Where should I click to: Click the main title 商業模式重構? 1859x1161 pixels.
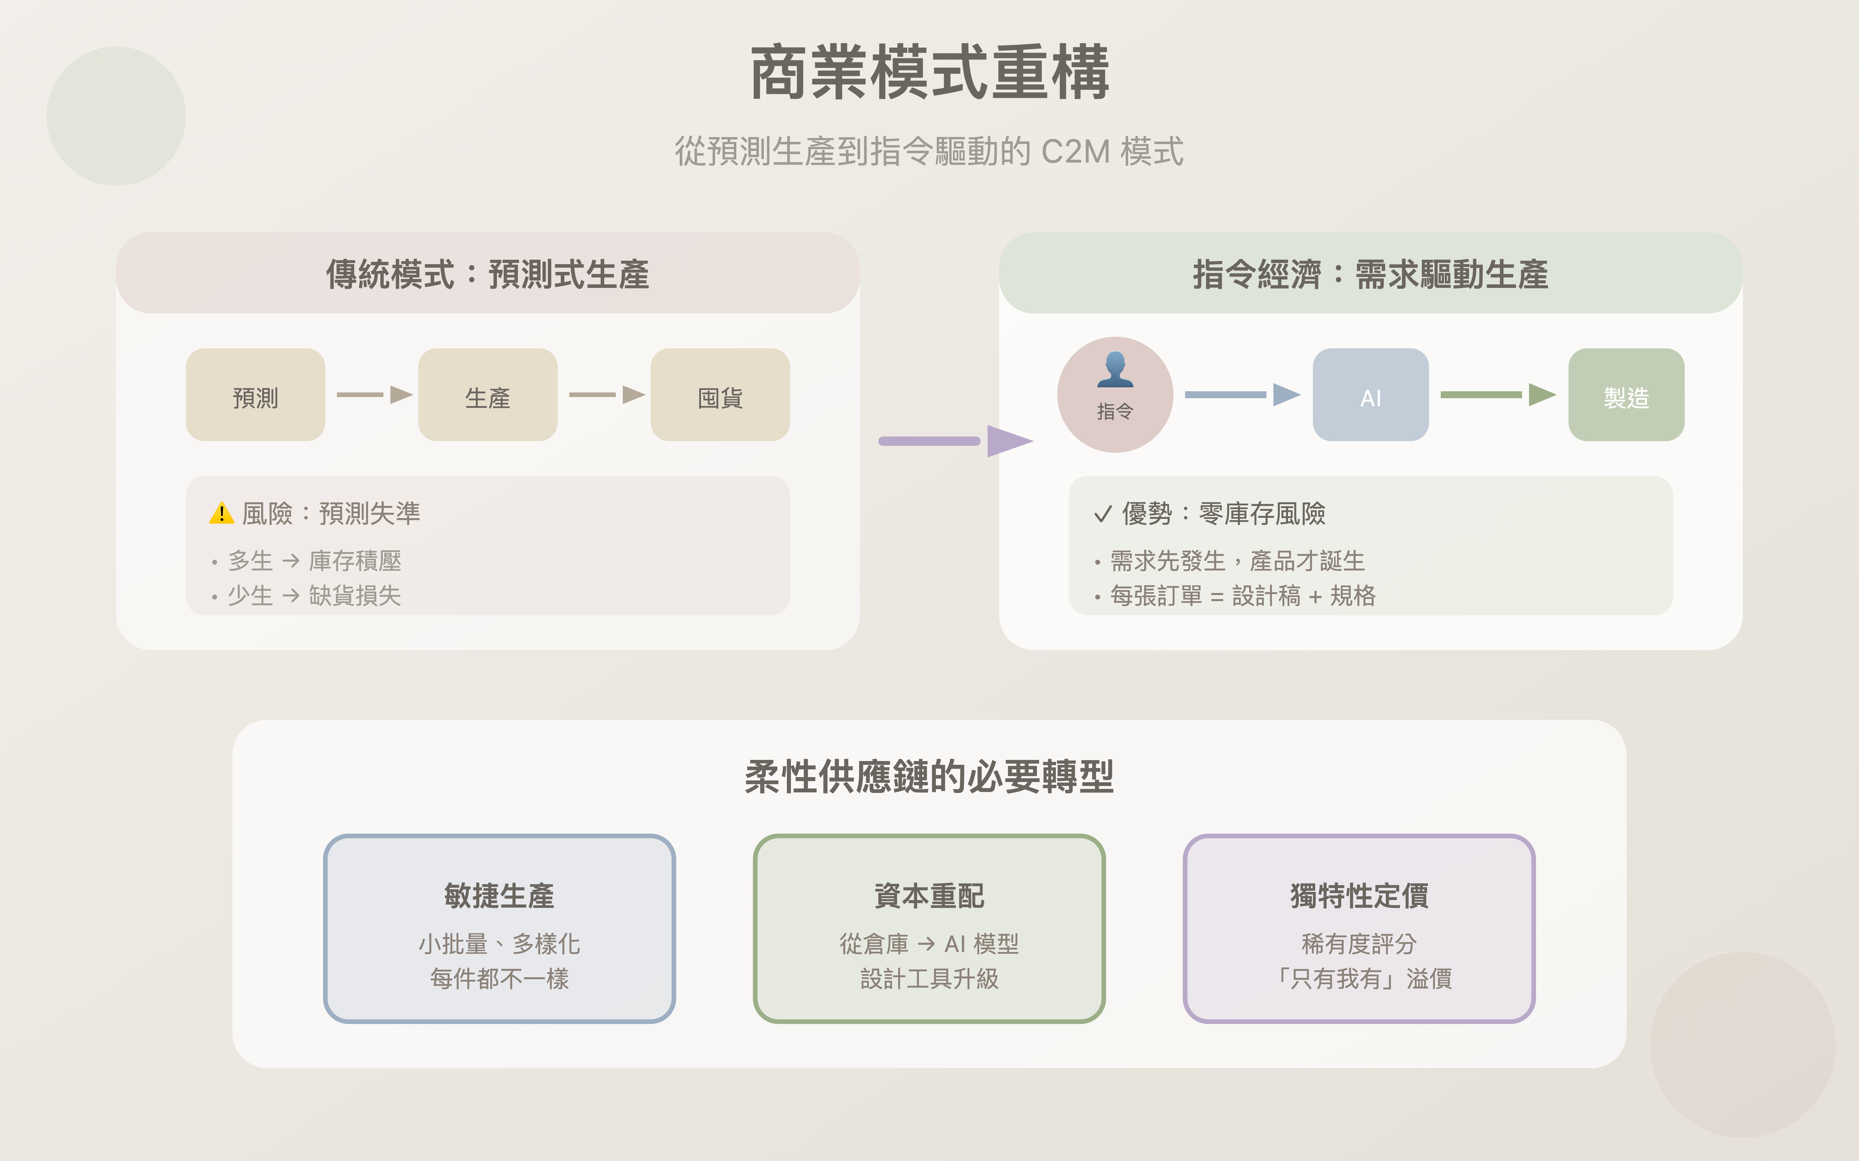pyautogui.click(x=929, y=73)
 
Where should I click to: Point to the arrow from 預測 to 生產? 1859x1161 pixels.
pyautogui.click(x=375, y=395)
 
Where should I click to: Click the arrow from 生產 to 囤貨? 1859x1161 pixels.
pyautogui.click(x=607, y=395)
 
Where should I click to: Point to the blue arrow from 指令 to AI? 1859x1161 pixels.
pyautogui.click(x=1242, y=395)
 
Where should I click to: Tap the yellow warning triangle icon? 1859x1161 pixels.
pyautogui.click(x=221, y=513)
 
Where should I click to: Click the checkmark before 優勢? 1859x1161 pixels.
pyautogui.click(x=1102, y=514)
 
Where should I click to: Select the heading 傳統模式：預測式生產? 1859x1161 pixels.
pyautogui.click(x=488, y=274)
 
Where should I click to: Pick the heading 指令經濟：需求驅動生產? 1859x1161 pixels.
pyautogui.click(x=1370, y=274)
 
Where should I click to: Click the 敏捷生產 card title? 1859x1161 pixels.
pyautogui.click(x=499, y=895)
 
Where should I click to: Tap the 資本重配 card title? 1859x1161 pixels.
pyautogui.click(x=929, y=895)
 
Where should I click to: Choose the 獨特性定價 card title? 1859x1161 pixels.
pyautogui.click(x=1359, y=895)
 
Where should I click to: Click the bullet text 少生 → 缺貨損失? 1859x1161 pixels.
pyautogui.click(x=314, y=596)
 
